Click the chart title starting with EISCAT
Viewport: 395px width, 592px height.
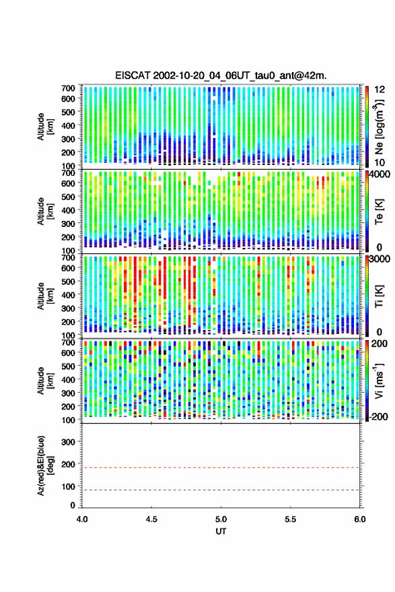coord(221,75)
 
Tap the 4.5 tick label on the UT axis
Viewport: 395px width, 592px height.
coord(151,519)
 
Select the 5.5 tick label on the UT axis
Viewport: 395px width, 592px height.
coord(290,519)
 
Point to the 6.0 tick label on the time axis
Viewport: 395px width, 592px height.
coord(359,519)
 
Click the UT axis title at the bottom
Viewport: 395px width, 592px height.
coord(221,531)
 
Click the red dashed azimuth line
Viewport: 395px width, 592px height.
coord(221,467)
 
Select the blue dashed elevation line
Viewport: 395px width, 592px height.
coord(221,490)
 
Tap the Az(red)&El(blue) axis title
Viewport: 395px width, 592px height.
coord(45,465)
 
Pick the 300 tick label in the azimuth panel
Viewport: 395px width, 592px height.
coord(68,442)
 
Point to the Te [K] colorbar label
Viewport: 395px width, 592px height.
coord(379,211)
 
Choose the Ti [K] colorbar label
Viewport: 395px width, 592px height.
coord(379,296)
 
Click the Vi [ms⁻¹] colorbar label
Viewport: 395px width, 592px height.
coord(379,381)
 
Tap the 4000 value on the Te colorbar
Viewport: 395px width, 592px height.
coord(380,175)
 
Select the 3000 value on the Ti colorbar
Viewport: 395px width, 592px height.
coord(380,259)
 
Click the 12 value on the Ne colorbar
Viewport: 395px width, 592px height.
coord(380,90)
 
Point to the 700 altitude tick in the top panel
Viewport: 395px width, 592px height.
coord(68,88)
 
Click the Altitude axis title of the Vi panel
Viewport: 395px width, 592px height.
coord(45,381)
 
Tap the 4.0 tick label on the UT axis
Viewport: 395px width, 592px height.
coord(82,519)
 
